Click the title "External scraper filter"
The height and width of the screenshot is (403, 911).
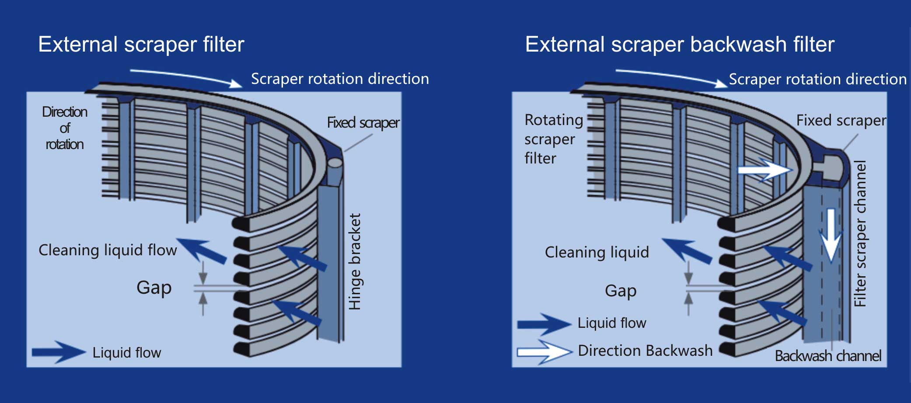point(141,45)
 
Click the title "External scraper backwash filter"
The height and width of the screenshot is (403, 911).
point(680,45)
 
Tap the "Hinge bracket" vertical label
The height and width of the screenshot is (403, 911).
point(355,261)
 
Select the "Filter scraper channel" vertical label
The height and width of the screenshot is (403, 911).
point(860,234)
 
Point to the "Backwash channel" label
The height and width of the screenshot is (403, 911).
point(828,356)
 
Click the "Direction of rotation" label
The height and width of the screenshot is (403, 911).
point(65,128)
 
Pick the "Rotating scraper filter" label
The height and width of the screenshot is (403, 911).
point(554,139)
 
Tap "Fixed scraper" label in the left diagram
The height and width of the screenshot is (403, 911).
point(363,123)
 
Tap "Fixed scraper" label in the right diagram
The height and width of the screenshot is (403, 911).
point(841,120)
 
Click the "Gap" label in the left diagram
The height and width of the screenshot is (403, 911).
point(154,288)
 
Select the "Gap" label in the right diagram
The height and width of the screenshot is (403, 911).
point(621,291)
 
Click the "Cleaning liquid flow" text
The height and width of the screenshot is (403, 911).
point(108,250)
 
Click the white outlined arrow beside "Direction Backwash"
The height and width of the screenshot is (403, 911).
point(545,352)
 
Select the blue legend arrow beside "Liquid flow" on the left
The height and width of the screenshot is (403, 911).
point(59,352)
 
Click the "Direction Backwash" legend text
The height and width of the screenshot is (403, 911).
point(645,351)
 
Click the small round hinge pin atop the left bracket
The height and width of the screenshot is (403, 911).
point(335,163)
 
